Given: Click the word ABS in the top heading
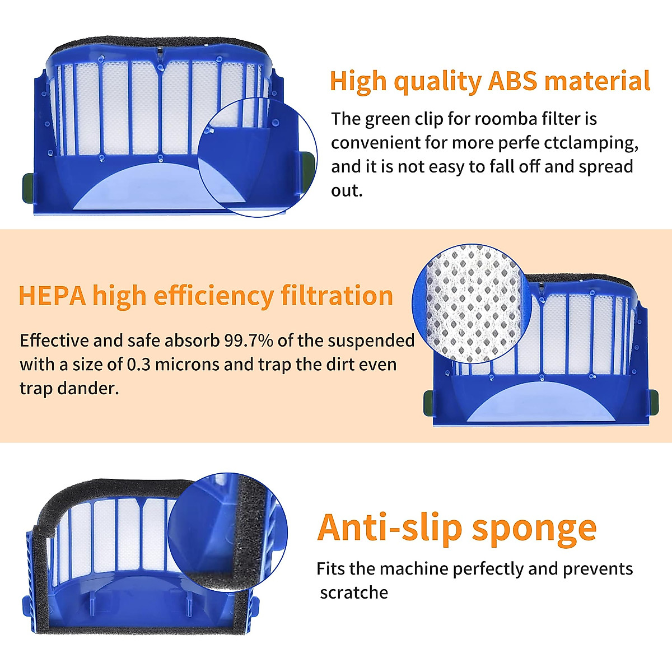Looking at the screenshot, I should (512, 81).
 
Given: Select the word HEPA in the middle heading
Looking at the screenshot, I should (52, 296).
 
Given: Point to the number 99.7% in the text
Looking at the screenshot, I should (246, 340).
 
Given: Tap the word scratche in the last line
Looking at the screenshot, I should (354, 592).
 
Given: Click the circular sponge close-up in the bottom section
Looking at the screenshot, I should (227, 530).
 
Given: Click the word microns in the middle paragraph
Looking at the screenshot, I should (187, 365).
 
